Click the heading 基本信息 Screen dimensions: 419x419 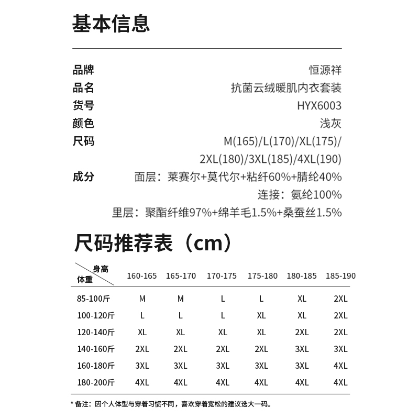coord(111,24)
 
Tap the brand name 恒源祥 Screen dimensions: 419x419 coord(325,70)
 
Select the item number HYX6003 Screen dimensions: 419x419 coord(318,106)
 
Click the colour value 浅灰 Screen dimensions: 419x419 coord(330,124)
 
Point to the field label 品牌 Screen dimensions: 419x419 coord(83,70)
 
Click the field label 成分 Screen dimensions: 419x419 coord(83,177)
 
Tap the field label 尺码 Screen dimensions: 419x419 coord(83,141)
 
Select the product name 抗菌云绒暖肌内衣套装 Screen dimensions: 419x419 coord(286,87)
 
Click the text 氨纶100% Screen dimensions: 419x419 coord(316,195)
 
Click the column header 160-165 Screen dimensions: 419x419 coord(142,276)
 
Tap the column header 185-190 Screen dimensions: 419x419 coord(340,276)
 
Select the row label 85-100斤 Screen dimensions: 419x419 coord(93,299)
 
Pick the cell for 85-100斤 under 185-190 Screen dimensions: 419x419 coord(340,299)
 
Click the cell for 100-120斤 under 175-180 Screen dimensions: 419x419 coord(261,316)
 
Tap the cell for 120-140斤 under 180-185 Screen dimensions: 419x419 coord(302,333)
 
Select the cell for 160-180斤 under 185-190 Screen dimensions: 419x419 coord(340,366)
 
